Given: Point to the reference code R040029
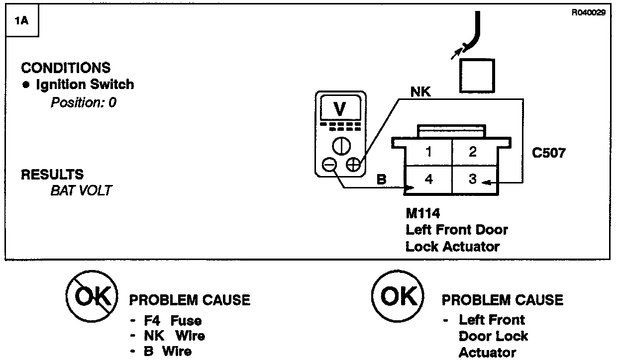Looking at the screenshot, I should click(x=588, y=13).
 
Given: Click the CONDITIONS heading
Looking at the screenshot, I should click(x=66, y=68).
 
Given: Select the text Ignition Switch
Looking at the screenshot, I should click(x=85, y=85).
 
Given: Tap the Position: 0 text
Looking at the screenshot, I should click(x=83, y=103).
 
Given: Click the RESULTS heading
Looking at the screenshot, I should click(x=52, y=175).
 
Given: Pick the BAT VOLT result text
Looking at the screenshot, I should click(x=81, y=190).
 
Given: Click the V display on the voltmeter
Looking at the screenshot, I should click(x=340, y=108).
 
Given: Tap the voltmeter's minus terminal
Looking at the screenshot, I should click(x=329, y=165).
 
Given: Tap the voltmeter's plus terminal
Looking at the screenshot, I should click(x=353, y=165).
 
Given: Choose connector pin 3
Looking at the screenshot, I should click(x=473, y=179).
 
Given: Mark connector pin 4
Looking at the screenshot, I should click(x=428, y=179).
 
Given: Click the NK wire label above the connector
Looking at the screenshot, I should click(x=420, y=92).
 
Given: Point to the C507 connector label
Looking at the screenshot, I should click(x=548, y=153).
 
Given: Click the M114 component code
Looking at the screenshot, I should click(x=423, y=214).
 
